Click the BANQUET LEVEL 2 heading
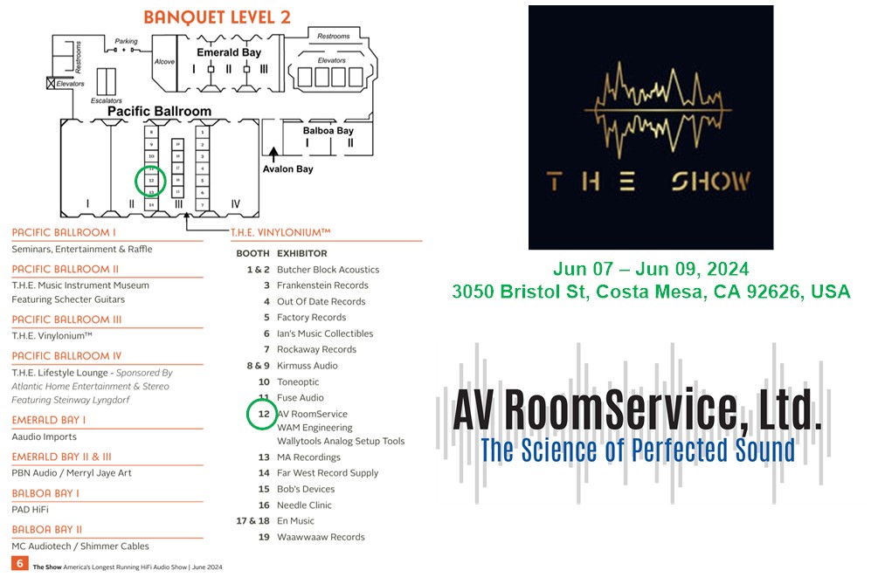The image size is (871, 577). pos(217,17)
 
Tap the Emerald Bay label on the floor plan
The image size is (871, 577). pos(229,53)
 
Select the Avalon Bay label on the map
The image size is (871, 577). pos(287,168)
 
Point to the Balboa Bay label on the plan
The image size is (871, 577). pos(328,130)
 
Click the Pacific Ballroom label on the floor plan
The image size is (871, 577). pos(159,112)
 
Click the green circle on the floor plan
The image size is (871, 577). pos(151,180)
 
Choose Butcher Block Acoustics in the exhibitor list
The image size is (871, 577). pos(328,270)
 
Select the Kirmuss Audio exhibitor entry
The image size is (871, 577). pos(307,366)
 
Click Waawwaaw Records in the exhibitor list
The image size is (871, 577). pos(321,537)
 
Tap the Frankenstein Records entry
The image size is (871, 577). pos(322,285)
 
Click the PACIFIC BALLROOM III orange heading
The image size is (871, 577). pos(66,319)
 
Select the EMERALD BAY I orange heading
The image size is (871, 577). pos(49,420)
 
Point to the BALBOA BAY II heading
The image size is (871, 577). pos(47,529)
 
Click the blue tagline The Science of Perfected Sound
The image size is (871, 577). pos(637,450)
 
